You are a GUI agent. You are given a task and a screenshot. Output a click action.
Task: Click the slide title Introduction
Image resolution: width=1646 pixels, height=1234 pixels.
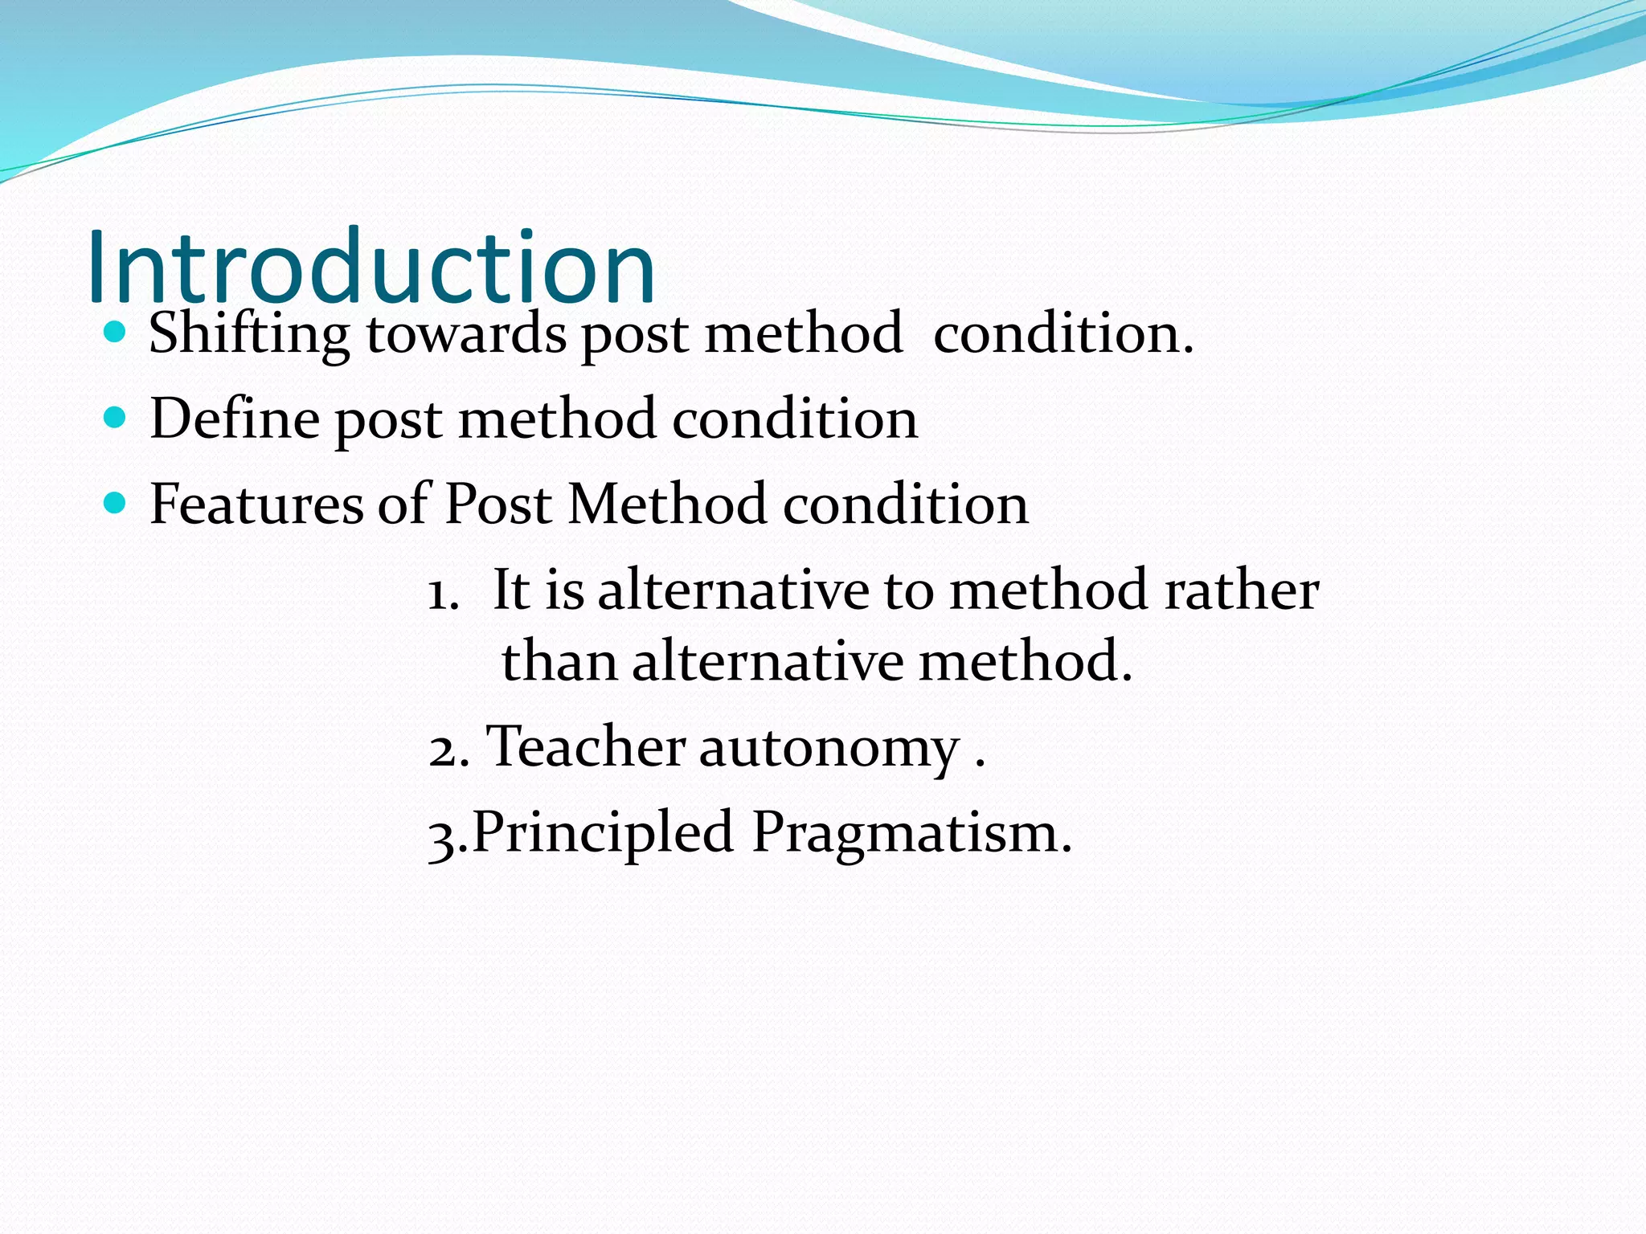click(371, 267)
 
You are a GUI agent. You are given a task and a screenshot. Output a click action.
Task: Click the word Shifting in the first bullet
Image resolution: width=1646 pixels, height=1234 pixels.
click(249, 333)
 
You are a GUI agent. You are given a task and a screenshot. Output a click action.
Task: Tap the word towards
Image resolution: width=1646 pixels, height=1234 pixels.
click(466, 333)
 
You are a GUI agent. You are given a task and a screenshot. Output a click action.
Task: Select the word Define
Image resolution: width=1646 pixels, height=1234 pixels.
click(235, 419)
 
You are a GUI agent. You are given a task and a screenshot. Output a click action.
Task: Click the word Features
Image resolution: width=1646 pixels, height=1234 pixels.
click(256, 505)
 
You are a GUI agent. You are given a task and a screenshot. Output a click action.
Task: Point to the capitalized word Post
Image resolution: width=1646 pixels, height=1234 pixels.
click(498, 505)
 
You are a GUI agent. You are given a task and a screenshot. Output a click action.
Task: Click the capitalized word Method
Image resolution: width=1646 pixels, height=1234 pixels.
click(667, 505)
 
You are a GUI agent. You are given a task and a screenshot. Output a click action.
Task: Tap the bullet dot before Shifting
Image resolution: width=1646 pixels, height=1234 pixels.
click(116, 331)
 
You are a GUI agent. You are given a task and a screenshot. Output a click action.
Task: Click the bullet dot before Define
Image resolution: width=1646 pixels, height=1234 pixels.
click(116, 417)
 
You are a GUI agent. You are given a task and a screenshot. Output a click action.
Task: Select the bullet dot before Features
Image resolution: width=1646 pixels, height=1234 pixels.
click(116, 503)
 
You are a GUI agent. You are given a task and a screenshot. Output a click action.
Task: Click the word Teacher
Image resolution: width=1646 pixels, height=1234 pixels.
click(587, 746)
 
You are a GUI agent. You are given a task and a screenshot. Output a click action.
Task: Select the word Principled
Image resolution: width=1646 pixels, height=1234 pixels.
click(603, 833)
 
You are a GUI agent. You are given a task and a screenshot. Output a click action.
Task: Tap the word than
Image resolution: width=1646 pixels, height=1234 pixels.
click(559, 661)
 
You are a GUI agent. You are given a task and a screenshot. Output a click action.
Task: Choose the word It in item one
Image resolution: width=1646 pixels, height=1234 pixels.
click(511, 590)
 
